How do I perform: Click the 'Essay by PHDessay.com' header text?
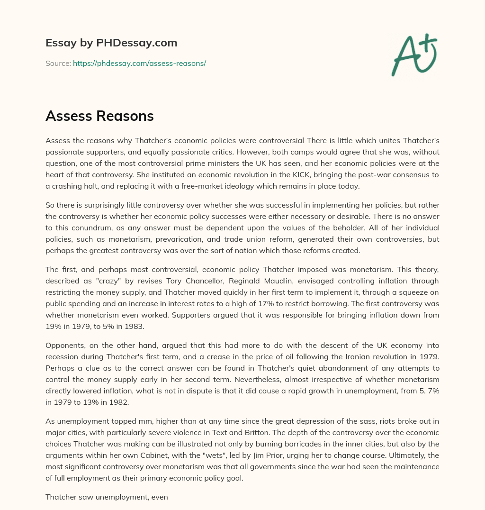[111, 43]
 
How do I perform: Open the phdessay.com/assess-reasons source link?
[139, 63]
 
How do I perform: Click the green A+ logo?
[413, 55]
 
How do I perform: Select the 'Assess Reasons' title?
[99, 116]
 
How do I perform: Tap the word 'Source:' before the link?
[58, 63]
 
